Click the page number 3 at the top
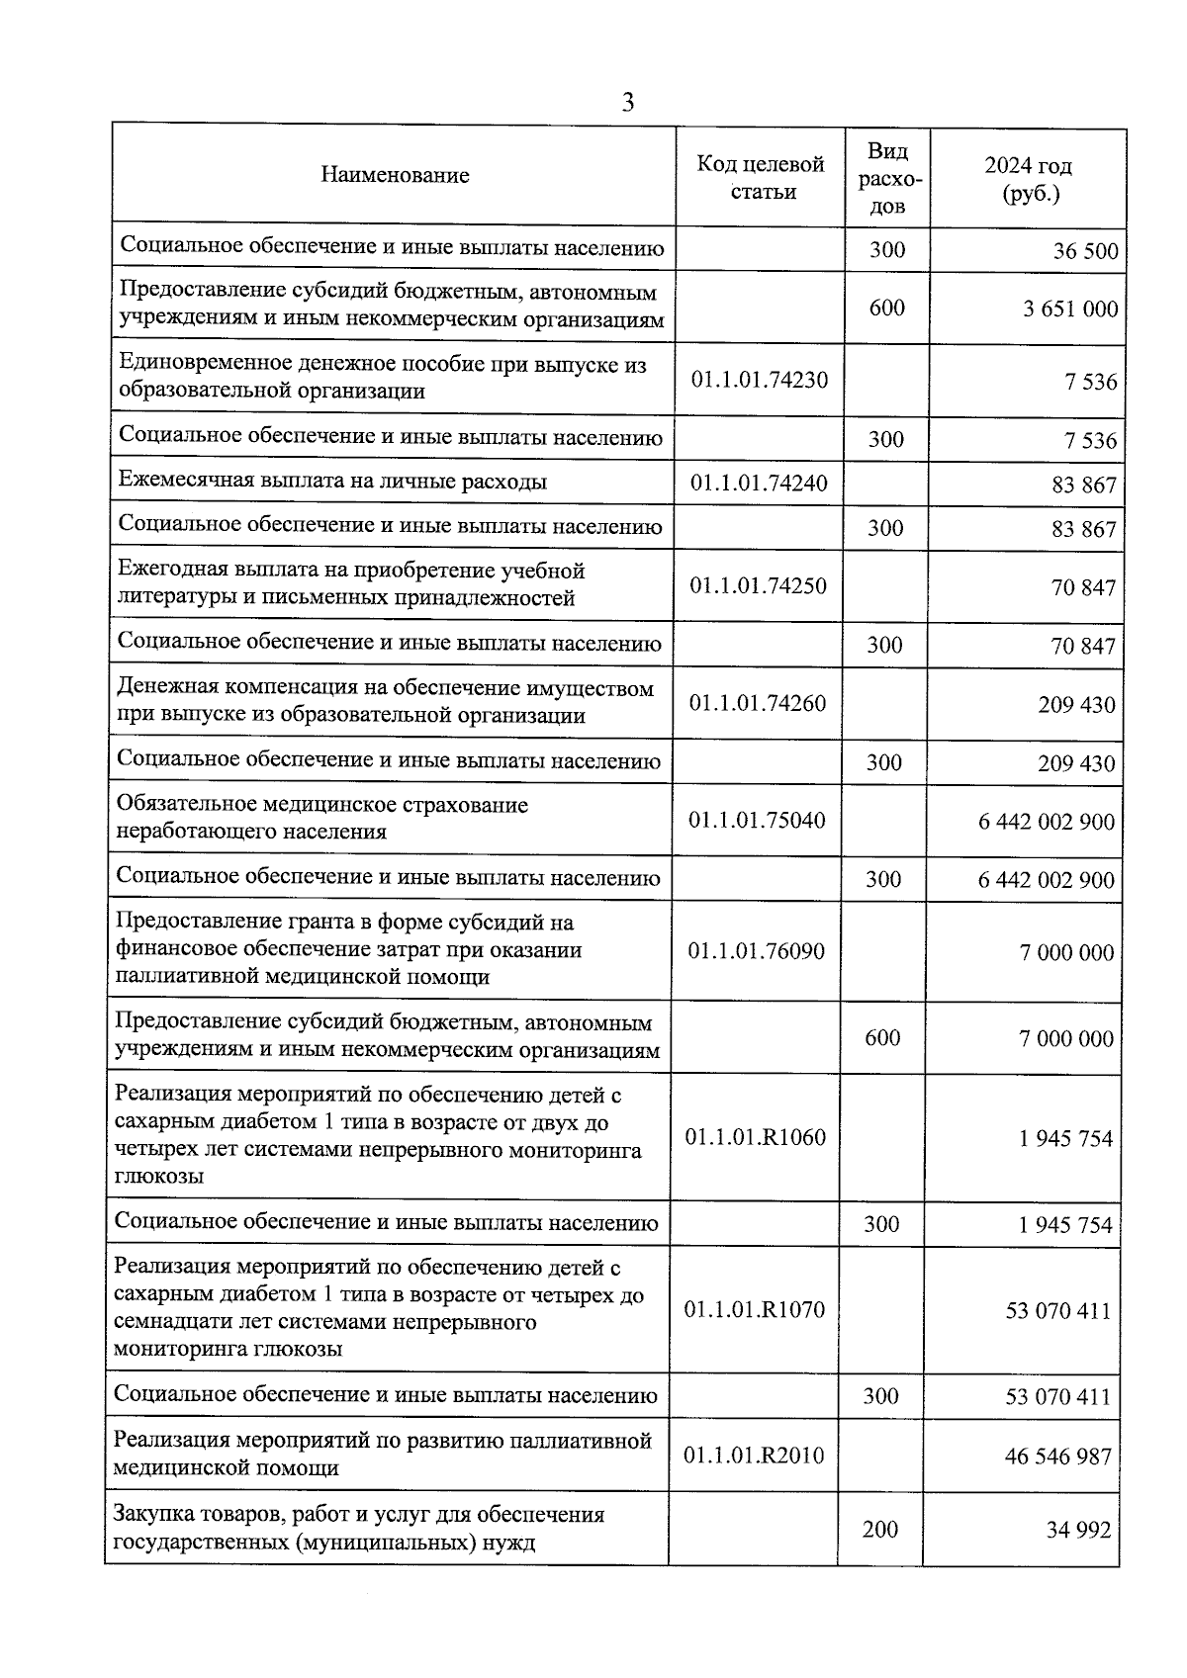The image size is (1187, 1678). pos(627,103)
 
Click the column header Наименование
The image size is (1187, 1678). pos(395,176)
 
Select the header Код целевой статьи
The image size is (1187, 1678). pos(760,177)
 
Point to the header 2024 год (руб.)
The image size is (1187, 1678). pos(1029,179)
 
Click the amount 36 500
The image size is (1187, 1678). pos(1085,251)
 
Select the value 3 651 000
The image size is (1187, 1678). pos(1070,309)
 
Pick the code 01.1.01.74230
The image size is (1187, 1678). pos(760,380)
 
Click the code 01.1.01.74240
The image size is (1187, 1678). pos(759,484)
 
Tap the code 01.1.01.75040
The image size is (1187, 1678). pos(757,820)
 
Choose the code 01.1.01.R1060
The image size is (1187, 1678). pos(755,1137)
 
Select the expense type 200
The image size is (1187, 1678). pos(880,1530)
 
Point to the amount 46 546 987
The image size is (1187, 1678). pos(1057,1457)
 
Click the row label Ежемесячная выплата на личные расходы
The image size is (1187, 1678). pos(332,482)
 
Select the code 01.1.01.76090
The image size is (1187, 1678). pos(756,951)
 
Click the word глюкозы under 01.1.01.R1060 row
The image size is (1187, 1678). pos(159,1177)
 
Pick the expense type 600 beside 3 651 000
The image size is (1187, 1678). pos(887,308)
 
